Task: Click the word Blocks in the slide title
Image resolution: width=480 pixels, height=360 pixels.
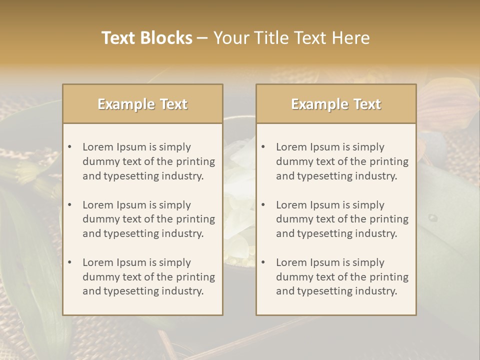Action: [166, 38]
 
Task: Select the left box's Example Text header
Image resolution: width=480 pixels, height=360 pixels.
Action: [142, 104]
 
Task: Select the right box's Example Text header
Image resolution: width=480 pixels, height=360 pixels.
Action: [336, 104]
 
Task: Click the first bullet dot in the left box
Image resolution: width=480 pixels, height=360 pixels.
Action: [69, 147]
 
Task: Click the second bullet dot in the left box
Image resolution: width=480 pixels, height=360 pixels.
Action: [69, 205]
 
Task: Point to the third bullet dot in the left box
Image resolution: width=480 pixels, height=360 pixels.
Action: [69, 262]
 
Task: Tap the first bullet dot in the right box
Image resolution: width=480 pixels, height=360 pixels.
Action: [263, 147]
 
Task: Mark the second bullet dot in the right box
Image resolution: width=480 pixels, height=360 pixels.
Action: [263, 205]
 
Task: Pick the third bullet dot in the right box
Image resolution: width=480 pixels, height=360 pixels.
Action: [263, 262]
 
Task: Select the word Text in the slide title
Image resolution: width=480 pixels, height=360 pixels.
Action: [120, 38]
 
